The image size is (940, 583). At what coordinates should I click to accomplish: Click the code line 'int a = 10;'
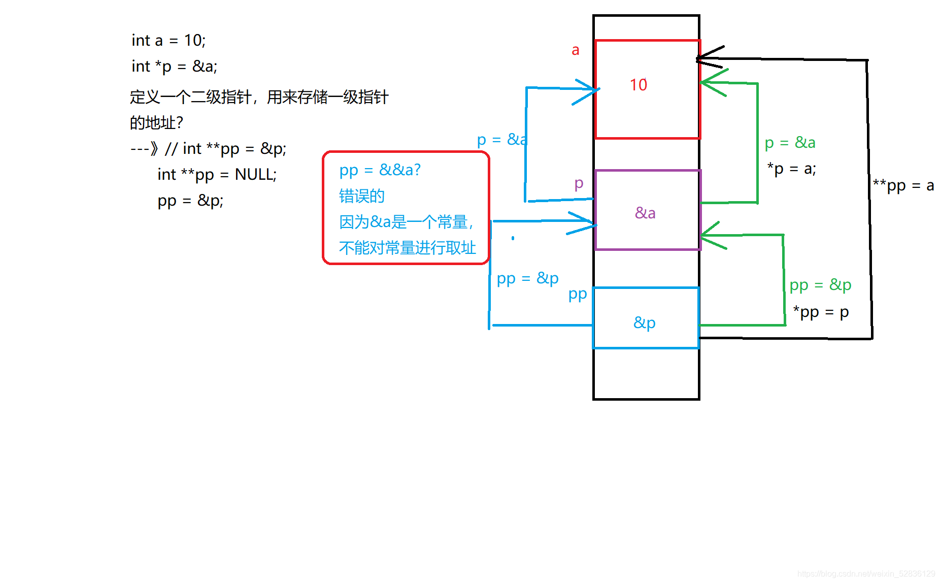click(169, 41)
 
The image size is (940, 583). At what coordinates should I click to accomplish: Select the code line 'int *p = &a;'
click(174, 67)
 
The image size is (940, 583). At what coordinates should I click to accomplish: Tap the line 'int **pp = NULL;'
click(217, 175)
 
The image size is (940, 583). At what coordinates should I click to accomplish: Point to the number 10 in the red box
click(639, 85)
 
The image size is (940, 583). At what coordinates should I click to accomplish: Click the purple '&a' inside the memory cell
click(645, 213)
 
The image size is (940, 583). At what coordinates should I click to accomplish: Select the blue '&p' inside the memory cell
click(645, 323)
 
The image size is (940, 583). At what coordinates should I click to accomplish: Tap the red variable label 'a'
click(575, 50)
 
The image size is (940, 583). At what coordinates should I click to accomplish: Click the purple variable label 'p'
click(579, 184)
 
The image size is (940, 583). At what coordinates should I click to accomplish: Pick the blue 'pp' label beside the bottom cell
click(578, 295)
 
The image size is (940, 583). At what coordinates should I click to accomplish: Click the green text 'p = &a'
click(790, 143)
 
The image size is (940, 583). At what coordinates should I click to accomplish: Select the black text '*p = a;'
click(791, 169)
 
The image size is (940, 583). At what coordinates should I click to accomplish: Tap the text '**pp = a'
click(903, 186)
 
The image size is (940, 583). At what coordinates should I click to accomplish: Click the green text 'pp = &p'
click(820, 285)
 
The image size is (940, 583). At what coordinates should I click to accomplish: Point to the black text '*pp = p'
click(821, 312)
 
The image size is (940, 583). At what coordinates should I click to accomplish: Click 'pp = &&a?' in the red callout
click(380, 170)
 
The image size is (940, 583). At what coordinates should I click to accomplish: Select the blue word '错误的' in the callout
click(361, 196)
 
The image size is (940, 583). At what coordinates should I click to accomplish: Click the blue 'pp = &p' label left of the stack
click(527, 279)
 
